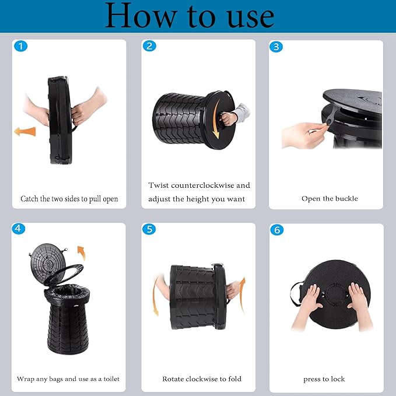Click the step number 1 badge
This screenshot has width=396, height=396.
pos(21,46)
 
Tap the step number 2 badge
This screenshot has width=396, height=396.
pos(149,46)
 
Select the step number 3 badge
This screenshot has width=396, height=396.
pos(276,47)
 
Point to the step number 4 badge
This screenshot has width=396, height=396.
pos(19,229)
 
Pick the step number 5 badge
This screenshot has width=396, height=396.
pos(149,229)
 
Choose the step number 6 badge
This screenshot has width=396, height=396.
pos(277,230)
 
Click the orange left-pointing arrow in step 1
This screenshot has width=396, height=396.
pos(25,132)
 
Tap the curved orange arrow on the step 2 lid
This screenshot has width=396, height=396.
pos(215,120)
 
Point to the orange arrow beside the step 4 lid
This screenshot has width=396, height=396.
pos(82,253)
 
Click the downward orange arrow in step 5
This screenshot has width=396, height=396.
pos(155,296)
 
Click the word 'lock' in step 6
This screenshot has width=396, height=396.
pos(338,379)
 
